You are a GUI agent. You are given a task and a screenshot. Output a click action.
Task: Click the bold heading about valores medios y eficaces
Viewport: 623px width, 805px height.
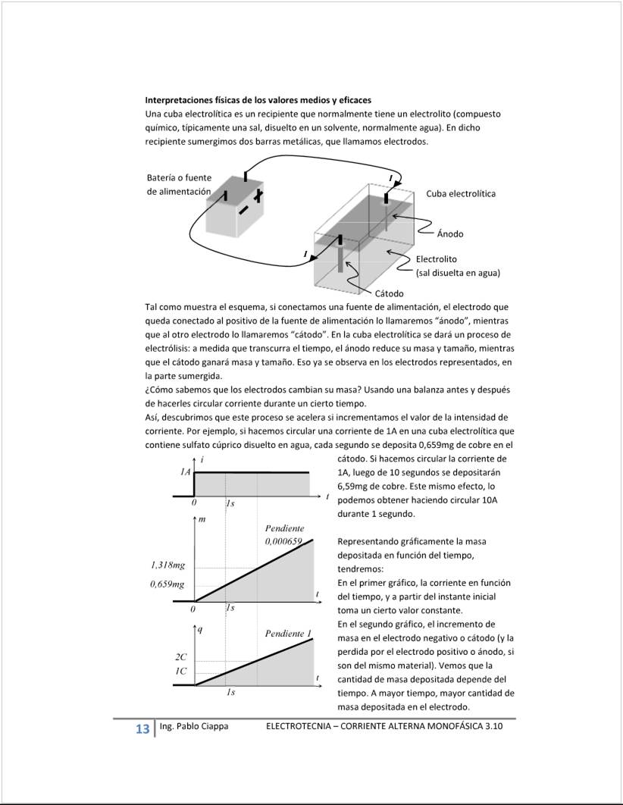[258, 100]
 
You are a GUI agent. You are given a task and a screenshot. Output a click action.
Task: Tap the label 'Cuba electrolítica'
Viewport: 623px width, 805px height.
[461, 194]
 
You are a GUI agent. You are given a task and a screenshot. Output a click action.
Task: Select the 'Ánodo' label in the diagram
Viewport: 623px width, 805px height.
[449, 234]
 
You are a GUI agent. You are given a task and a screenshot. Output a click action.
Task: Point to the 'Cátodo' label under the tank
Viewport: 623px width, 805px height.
[390, 293]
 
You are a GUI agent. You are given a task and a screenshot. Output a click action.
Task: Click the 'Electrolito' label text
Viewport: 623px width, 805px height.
[436, 259]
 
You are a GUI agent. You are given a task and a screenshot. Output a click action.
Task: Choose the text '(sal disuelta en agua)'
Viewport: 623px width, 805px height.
[458, 273]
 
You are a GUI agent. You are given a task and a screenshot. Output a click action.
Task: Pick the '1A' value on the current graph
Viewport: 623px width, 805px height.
[185, 471]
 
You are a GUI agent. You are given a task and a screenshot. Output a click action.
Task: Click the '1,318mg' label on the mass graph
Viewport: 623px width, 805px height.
[167, 565]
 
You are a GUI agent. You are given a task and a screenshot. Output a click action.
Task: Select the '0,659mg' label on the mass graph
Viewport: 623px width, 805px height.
[167, 584]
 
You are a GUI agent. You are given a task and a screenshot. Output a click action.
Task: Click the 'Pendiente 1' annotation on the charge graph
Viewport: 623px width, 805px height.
[289, 634]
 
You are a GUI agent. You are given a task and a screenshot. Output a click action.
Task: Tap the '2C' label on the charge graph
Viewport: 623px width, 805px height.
[181, 656]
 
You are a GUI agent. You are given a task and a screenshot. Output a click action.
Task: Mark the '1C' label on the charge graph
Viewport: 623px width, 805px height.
[181, 672]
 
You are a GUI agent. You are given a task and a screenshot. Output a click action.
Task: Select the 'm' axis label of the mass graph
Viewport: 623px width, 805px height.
[202, 519]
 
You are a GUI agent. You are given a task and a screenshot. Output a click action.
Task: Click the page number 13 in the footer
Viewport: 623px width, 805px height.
[142, 729]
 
